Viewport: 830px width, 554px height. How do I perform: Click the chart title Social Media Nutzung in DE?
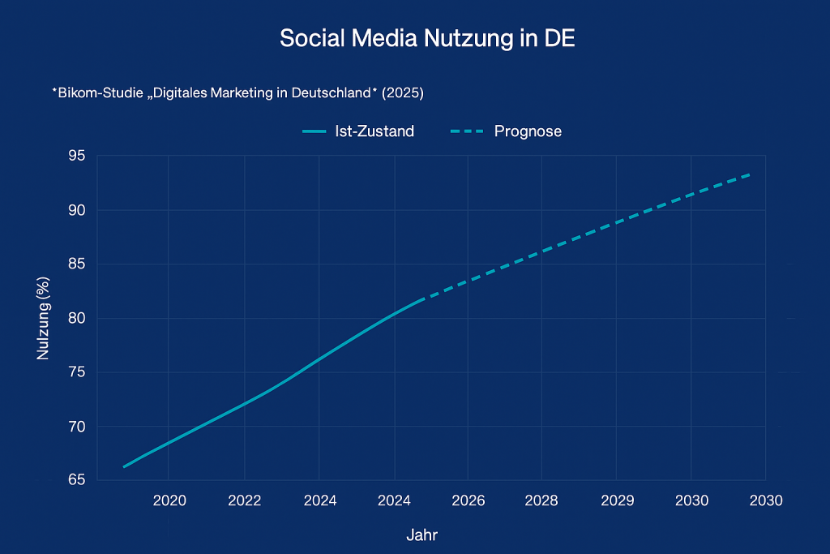426,39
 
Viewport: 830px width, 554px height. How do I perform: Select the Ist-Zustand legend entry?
357,131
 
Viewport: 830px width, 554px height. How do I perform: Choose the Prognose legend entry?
506,131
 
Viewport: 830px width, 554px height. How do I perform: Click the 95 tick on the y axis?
79,157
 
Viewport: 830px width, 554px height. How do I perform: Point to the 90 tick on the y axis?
79,210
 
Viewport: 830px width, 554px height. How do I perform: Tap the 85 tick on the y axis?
79,264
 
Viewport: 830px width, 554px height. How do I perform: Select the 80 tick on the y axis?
79,318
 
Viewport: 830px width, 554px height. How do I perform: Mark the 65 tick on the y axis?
79,479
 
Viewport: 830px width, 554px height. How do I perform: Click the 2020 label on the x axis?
169,500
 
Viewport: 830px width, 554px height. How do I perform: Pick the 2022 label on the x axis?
245,500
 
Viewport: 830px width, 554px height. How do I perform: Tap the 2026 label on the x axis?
468,500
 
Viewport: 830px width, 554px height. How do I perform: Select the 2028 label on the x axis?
541,500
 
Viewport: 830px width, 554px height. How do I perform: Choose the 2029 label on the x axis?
617,500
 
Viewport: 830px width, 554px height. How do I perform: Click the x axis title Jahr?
421,535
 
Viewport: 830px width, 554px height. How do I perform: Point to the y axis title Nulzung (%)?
44,318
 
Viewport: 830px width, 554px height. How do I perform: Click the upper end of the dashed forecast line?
751,174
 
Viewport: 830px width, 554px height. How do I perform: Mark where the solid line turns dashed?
421,300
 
